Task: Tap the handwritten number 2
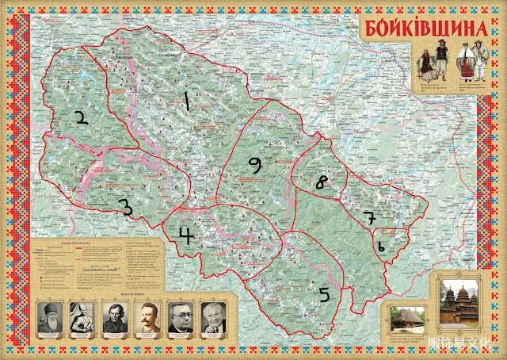tap(79, 119)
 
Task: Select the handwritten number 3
tap(124, 207)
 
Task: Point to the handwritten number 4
tap(185, 236)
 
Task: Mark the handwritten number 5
tap(324, 294)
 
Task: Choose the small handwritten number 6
tap(381, 247)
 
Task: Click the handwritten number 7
tap(368, 216)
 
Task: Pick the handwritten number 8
tap(321, 182)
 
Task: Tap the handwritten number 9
tap(253, 164)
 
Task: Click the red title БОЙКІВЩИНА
tap(426, 29)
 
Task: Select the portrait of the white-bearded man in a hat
tap(50, 317)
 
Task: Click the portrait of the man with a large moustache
tap(148, 317)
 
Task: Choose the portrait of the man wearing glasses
tap(181, 317)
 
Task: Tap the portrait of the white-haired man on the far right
tap(213, 317)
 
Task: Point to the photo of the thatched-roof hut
tap(406, 321)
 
